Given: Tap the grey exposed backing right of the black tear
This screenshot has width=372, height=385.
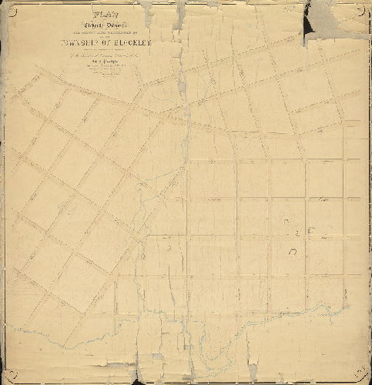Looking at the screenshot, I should click(339, 23).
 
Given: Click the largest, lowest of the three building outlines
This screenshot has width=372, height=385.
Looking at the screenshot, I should click(293, 252).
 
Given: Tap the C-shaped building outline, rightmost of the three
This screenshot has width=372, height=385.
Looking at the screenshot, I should click(311, 230).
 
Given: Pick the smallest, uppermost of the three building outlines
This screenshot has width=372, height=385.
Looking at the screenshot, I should click(285, 224).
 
